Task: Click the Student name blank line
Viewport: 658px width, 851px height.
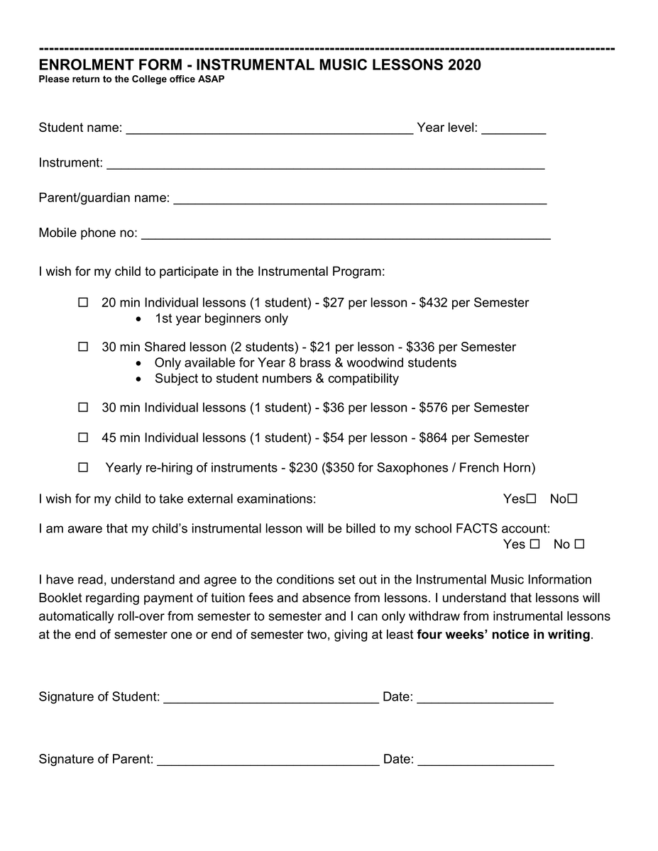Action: (269, 128)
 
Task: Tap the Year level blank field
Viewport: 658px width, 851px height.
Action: (513, 128)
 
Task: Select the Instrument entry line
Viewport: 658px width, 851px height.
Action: (325, 164)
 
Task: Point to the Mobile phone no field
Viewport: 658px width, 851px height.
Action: (346, 234)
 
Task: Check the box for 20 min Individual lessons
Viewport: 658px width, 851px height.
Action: (83, 303)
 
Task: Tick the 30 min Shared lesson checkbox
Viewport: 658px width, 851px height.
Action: (83, 347)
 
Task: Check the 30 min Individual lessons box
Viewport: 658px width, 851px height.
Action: (83, 408)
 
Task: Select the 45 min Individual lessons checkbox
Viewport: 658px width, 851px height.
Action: (83, 438)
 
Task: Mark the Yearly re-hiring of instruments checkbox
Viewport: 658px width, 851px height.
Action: (83, 467)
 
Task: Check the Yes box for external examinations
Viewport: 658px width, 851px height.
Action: (532, 499)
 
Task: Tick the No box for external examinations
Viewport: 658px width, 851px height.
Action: (573, 499)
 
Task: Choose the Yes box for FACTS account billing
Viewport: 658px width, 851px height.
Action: (535, 545)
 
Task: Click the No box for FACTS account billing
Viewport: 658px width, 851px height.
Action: (579, 545)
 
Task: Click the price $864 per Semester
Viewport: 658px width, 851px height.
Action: (473, 438)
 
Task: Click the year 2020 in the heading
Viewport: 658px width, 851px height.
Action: (464, 65)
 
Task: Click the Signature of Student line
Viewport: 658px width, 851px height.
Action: (271, 698)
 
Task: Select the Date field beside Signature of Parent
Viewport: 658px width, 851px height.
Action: (486, 760)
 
